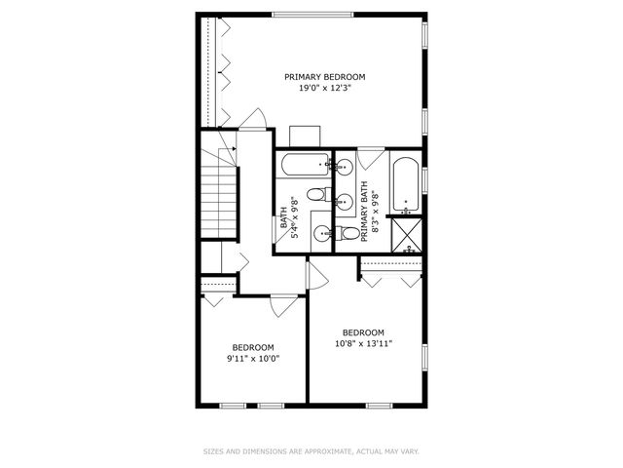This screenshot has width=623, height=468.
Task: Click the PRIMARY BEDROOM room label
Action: click(x=324, y=77)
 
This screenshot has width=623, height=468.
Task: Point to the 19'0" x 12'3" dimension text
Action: click(x=324, y=89)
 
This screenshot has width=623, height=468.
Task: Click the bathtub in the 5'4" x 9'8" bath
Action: click(x=303, y=166)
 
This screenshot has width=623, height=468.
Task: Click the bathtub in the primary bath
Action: click(x=406, y=184)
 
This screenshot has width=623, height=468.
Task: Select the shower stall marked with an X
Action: click(x=406, y=235)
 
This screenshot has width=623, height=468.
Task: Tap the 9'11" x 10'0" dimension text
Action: click(x=252, y=359)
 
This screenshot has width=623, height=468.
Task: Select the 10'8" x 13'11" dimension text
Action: click(x=363, y=343)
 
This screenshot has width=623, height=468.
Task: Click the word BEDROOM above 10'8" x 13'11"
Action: click(x=363, y=331)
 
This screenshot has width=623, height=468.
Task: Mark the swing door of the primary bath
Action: click(x=370, y=158)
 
